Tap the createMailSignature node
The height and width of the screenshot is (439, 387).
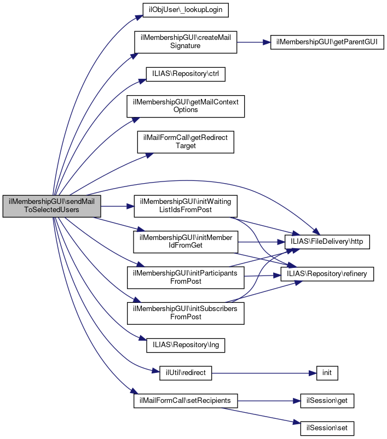[x=186, y=42]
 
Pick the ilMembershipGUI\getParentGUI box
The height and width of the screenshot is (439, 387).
[x=327, y=42]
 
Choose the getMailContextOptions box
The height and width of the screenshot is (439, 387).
[x=186, y=106]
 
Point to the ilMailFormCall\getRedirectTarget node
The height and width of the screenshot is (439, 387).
[x=186, y=142]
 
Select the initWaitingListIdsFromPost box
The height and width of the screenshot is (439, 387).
[x=186, y=206]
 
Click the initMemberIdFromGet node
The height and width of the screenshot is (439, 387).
[x=186, y=241]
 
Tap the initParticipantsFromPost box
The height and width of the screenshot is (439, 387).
[x=186, y=277]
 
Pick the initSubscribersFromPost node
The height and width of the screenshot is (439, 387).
[x=186, y=313]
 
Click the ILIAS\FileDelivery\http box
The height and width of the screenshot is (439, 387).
[x=327, y=241]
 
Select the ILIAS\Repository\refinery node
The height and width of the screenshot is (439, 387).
[x=327, y=273]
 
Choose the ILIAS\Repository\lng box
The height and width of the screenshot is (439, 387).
[x=186, y=345]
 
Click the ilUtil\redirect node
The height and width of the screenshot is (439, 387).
[x=186, y=373]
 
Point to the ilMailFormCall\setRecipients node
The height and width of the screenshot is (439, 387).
[x=186, y=401]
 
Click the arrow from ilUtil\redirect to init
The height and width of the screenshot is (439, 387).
[x=263, y=373]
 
